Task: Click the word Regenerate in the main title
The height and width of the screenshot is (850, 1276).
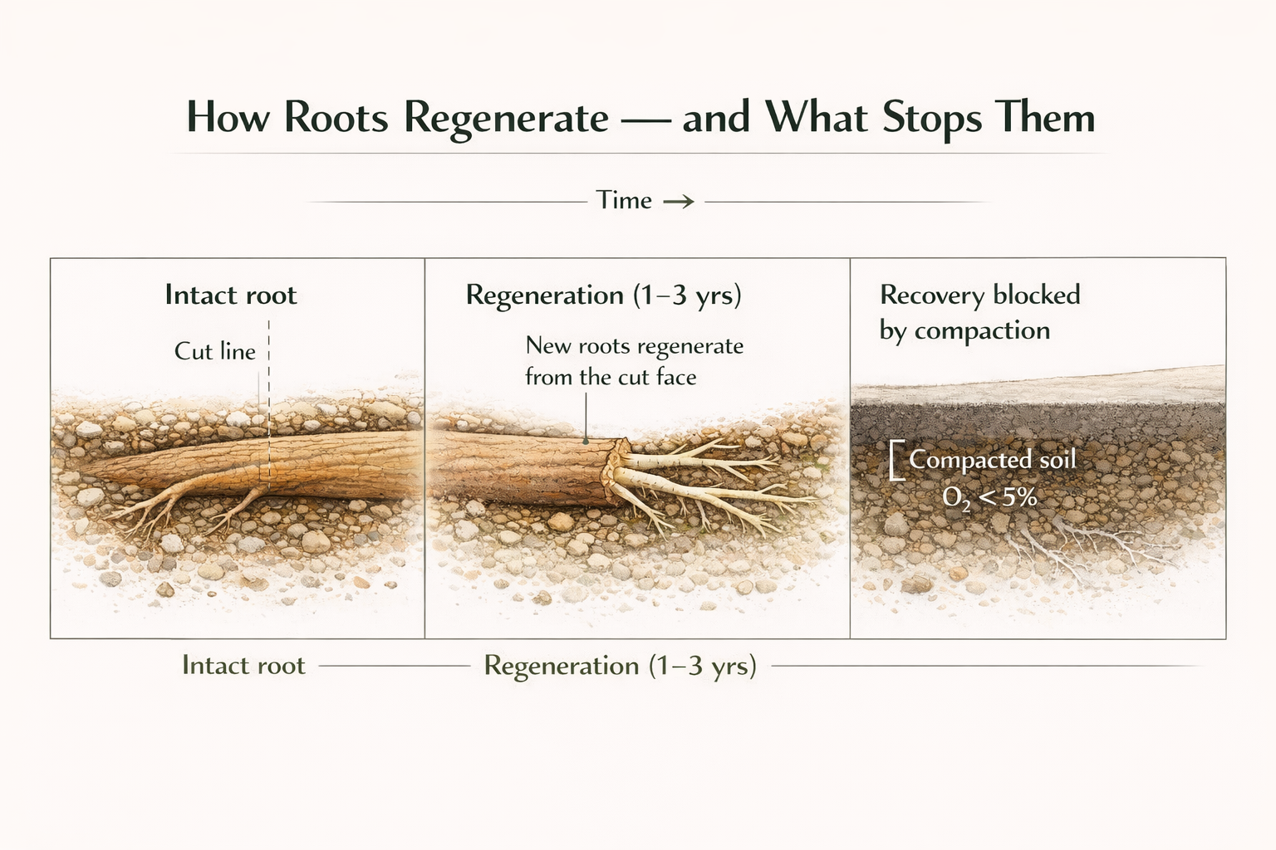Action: point(506,117)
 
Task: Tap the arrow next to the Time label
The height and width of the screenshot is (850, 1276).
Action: point(678,201)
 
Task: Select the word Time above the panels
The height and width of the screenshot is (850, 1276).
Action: point(623,200)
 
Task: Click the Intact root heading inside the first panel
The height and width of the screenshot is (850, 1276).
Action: point(230,295)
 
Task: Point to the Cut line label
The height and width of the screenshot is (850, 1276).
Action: point(214,351)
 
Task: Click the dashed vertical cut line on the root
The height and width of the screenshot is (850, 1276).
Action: point(269,415)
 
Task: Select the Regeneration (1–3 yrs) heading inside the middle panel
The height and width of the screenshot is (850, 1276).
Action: point(603,295)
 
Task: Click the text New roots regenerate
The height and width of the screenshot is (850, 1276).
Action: point(634,345)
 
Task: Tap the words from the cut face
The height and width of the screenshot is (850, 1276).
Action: point(611,377)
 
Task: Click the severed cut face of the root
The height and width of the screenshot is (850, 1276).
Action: point(616,471)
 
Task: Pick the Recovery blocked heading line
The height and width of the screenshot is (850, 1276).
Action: point(979,295)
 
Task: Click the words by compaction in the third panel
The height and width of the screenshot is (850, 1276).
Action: point(964,330)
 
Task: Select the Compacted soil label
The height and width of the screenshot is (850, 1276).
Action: point(992,459)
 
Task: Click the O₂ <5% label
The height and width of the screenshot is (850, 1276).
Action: point(989,497)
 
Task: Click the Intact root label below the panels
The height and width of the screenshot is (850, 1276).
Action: point(243,666)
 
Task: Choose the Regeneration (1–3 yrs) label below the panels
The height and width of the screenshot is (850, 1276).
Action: point(620,666)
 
